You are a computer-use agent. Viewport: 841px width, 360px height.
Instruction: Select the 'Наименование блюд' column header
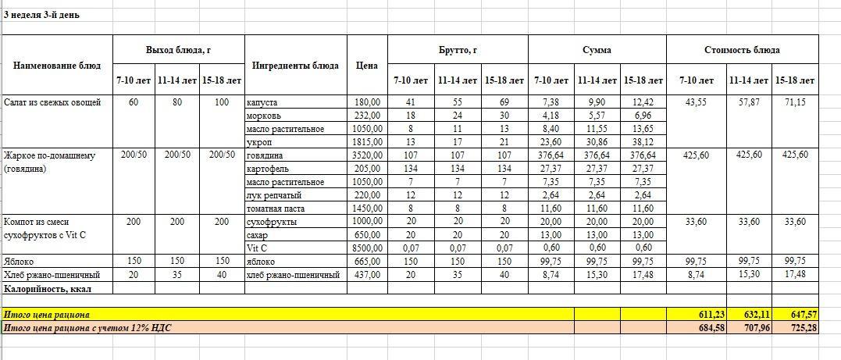pyautogui.click(x=57, y=66)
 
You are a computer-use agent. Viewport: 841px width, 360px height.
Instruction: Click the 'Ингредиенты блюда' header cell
pyautogui.click(x=295, y=66)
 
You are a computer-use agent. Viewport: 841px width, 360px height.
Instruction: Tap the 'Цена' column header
pyautogui.click(x=366, y=66)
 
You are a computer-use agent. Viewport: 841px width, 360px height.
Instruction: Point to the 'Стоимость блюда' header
pyautogui.click(x=741, y=50)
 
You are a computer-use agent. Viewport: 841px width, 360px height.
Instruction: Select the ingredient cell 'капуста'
pyautogui.click(x=262, y=102)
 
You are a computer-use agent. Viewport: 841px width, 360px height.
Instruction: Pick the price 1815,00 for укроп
pyautogui.click(x=367, y=142)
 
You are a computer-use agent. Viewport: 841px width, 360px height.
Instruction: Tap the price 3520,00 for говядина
pyautogui.click(x=367, y=155)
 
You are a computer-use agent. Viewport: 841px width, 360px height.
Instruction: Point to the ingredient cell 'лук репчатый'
pyautogui.click(x=274, y=195)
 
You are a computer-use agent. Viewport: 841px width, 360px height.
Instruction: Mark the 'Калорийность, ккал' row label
pyautogui.click(x=44, y=288)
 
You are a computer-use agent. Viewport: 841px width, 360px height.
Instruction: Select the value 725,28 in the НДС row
pyautogui.click(x=803, y=327)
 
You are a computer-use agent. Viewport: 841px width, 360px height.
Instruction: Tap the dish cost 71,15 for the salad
pyautogui.click(x=795, y=102)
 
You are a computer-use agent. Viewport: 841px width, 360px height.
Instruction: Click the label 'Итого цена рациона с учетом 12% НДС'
pyautogui.click(x=87, y=327)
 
